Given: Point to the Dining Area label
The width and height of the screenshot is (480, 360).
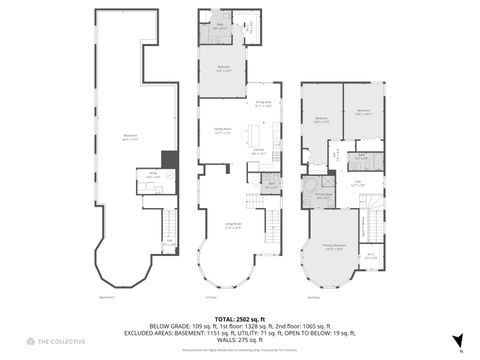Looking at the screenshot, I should (x=264, y=103).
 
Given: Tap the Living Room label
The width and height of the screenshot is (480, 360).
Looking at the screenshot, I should (x=232, y=227).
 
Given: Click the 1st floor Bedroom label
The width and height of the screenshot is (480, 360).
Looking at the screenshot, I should (x=226, y=69).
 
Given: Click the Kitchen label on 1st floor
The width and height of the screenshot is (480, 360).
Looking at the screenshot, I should (x=258, y=152).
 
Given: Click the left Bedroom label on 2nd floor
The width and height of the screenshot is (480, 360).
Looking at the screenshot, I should (x=322, y=119).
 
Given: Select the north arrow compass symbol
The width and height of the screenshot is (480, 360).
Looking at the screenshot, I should (x=457, y=341).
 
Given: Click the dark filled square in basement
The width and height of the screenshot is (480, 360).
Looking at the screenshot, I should (x=169, y=158).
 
